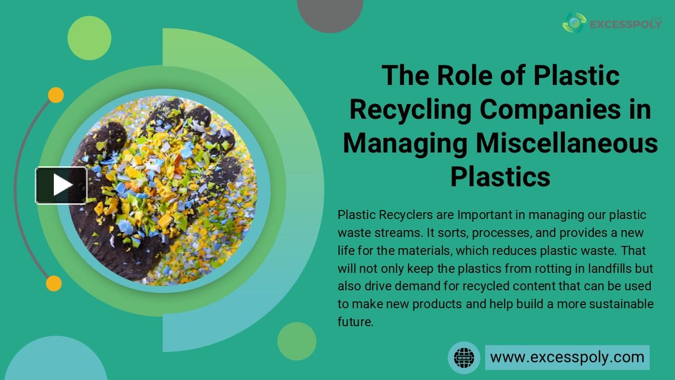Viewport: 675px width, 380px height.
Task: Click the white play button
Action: point(61,185)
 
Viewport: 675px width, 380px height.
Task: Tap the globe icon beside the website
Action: point(464,357)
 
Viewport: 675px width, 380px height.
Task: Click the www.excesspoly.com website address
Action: point(567,357)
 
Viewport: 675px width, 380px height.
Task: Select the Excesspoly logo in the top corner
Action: point(612,23)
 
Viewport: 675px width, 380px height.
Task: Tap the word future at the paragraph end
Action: point(355,322)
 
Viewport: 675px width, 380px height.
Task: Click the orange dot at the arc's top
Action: point(56,95)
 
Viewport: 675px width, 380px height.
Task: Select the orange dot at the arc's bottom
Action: point(54,283)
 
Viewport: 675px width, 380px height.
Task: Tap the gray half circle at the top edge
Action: point(330,13)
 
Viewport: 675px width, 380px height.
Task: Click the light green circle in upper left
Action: point(89,38)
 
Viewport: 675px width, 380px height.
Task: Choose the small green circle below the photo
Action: point(296,341)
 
